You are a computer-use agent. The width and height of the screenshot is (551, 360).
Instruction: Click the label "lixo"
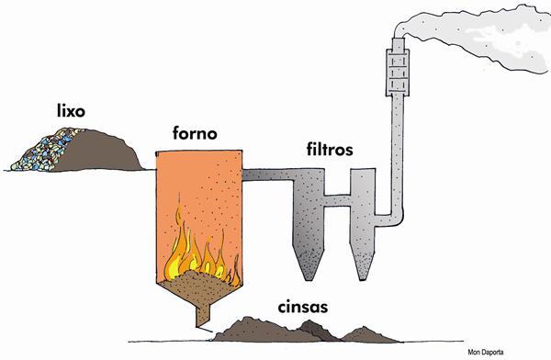point(71,111)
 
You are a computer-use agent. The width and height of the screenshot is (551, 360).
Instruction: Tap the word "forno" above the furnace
point(195,133)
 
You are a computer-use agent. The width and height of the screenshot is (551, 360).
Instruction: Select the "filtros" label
point(330,149)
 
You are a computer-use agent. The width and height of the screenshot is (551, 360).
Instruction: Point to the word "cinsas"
point(303,307)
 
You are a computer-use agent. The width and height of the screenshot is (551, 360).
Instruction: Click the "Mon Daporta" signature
point(486,352)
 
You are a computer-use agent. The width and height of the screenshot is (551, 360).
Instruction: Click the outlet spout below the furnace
point(203,315)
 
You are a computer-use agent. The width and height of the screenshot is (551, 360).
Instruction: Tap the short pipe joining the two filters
point(337,200)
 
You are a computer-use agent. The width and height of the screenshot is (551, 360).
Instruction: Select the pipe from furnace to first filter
point(269,174)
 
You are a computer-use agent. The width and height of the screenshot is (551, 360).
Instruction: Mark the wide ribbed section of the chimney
point(398,72)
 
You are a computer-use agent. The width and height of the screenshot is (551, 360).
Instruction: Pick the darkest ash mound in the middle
point(318,331)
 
